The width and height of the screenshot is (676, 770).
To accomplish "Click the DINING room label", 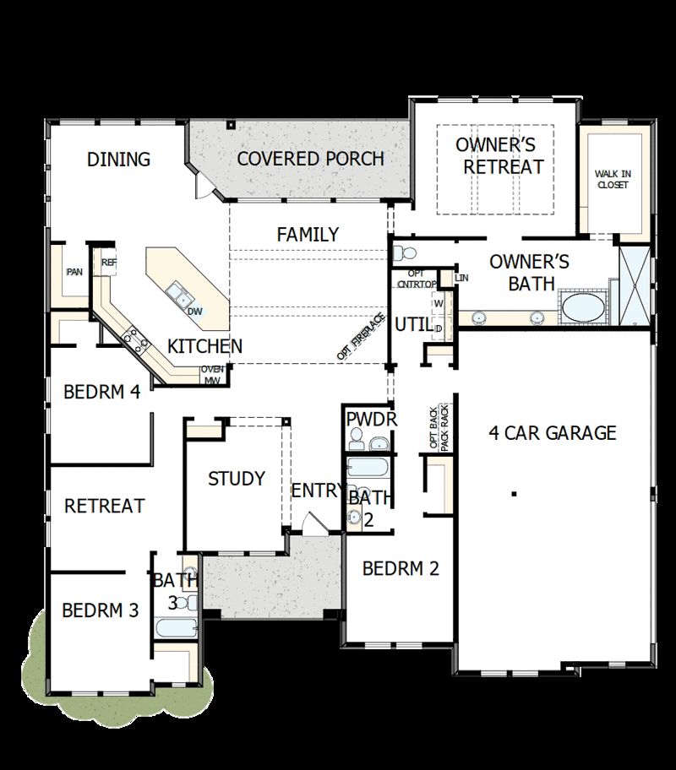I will coord(118,159).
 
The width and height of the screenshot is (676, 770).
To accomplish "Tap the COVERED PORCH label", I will coord(310,159).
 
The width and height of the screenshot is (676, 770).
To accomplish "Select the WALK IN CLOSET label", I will coord(613,179).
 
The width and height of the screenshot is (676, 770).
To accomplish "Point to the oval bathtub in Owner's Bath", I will coord(584,306).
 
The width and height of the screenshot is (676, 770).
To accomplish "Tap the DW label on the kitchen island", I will coord(194,312).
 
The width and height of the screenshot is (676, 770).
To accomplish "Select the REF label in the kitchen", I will coord(109,263).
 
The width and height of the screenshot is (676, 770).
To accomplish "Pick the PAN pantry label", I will coord(74,272).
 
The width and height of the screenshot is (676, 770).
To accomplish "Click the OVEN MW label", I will coord(211,375).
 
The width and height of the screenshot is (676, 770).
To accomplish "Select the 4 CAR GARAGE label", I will coord(553,433).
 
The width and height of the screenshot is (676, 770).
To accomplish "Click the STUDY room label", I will coord(237,479).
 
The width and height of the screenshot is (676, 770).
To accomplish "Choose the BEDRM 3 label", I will coord(100,610).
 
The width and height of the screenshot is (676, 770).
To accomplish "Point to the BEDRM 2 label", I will coord(401,568).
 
